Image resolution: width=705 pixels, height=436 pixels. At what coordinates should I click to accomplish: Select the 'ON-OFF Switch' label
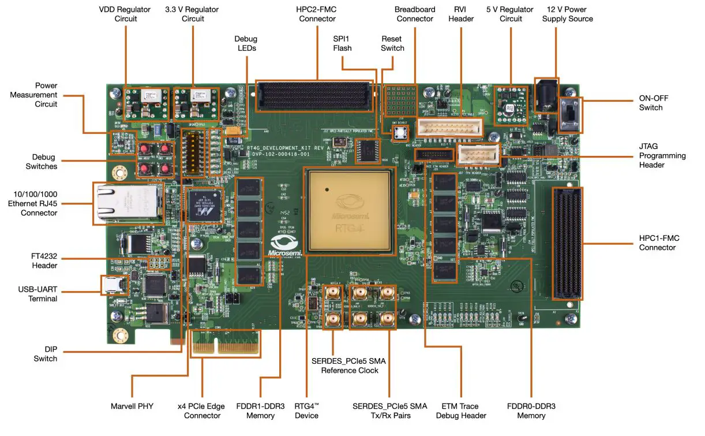point(654,103)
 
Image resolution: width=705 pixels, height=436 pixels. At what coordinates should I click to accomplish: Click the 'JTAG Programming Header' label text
point(662,155)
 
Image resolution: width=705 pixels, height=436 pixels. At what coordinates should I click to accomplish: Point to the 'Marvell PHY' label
point(132,406)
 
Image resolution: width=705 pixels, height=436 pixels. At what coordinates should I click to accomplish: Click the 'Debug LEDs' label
point(246,43)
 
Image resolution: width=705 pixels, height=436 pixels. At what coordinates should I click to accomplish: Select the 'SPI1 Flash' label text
point(342,43)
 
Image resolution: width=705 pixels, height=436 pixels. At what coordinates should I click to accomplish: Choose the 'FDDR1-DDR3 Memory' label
point(260,411)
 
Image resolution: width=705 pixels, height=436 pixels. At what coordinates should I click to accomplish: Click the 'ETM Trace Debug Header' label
point(461,411)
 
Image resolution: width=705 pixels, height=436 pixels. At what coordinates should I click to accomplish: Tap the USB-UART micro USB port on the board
point(112,285)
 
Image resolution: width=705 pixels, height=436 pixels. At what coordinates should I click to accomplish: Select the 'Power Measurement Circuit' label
point(37,95)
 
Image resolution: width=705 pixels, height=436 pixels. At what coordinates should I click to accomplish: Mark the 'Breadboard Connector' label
point(414,14)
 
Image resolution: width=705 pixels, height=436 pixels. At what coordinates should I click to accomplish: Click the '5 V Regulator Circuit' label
point(509,14)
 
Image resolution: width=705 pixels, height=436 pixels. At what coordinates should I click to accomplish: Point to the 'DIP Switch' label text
point(45,354)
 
